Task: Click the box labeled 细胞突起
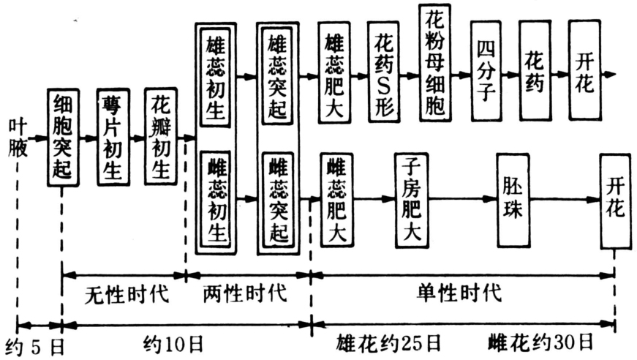click(64, 138)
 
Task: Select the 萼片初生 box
click(113, 138)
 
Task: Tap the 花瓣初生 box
click(161, 138)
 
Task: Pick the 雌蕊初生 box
click(216, 200)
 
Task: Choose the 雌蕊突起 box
click(278, 200)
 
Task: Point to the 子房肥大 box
click(410, 200)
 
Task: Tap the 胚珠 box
click(512, 200)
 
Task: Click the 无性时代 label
click(124, 296)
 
